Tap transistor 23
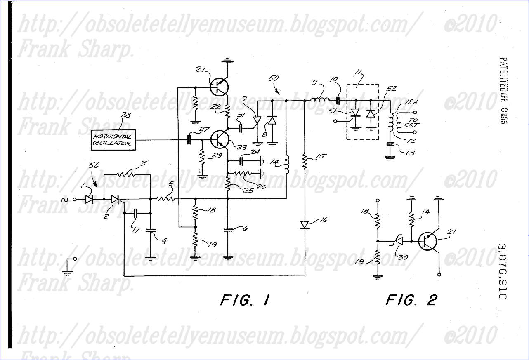pos(219,139)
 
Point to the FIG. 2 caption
pos(411,300)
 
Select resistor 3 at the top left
pos(126,174)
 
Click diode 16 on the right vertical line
pos(305,225)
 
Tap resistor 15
pos(305,162)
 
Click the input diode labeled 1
pos(89,200)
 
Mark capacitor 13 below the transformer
pos(390,145)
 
